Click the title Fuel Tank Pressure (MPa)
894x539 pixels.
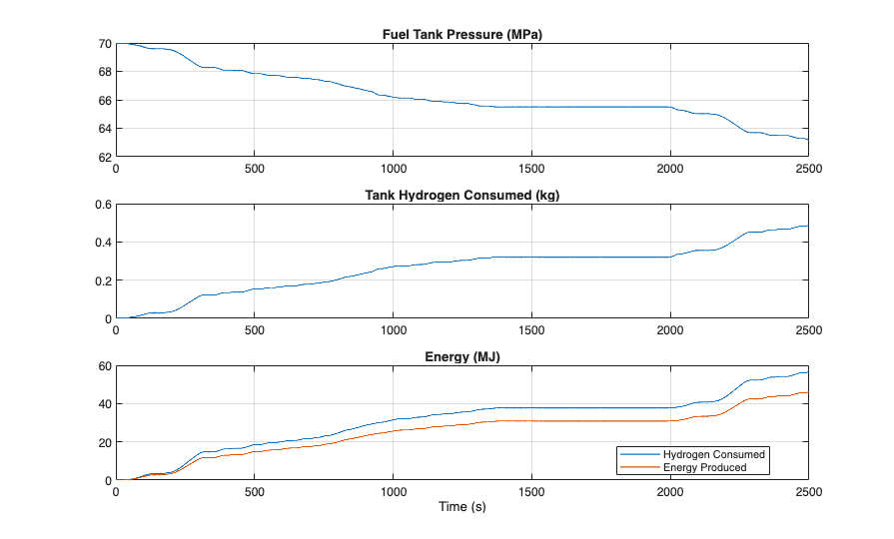tap(461, 34)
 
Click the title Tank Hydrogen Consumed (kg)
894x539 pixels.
tap(461, 195)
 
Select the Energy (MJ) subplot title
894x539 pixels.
tap(461, 357)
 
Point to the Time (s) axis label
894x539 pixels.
tap(461, 507)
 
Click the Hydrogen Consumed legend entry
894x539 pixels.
tap(713, 454)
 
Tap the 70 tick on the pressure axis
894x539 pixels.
tap(105, 44)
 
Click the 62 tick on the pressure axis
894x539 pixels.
tap(105, 158)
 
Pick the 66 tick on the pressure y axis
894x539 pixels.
tap(105, 101)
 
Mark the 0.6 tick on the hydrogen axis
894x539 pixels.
tap(102, 205)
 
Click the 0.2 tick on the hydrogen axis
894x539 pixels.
tap(102, 281)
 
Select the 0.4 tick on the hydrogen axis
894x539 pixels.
tap(102, 243)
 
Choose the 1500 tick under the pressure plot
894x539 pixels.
tap(531, 169)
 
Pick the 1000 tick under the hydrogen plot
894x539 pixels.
tap(393, 330)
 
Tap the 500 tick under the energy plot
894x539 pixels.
tap(255, 492)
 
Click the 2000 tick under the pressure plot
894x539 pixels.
tap(669, 169)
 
